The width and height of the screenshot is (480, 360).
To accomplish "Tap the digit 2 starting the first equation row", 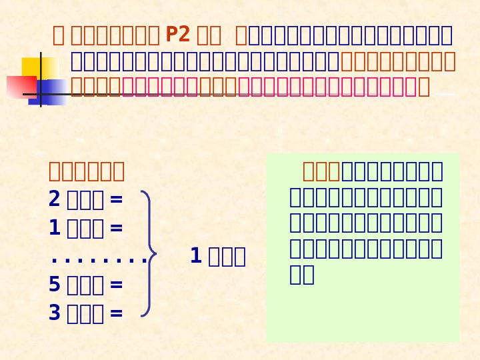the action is coord(54,199).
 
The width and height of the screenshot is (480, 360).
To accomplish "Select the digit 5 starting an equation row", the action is coord(54,285).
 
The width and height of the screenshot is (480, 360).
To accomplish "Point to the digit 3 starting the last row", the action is coord(54,313).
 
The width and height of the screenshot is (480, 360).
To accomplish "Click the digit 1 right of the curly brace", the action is coord(195,256).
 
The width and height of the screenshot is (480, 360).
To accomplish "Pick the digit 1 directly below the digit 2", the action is coord(54,228).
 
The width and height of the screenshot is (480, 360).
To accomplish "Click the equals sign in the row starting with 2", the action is coord(116,199).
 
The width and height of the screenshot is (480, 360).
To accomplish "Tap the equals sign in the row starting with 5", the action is coord(116,285).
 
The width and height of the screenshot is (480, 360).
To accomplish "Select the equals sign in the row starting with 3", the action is coord(116,313).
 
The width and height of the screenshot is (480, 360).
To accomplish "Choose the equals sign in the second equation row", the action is coord(116,228).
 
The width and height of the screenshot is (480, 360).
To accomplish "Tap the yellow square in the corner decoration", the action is coord(37,67).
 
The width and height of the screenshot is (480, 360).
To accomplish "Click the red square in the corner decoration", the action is coord(20,87).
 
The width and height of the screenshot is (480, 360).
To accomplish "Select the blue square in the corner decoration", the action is coord(52,91).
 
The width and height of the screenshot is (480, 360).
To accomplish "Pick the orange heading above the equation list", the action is coord(87,171).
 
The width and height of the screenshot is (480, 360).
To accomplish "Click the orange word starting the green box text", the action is coord(321,171).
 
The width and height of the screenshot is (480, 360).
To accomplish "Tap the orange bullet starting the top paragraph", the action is coord(59,35).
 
